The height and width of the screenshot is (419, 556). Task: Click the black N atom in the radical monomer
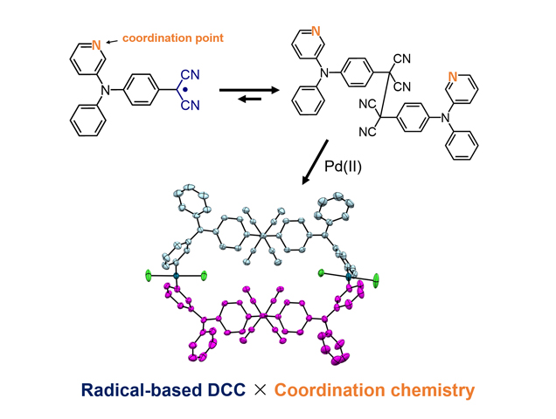click(x=102, y=90)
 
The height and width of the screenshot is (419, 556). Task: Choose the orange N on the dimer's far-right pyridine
click(x=452, y=79)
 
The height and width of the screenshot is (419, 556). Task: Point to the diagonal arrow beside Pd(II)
click(x=313, y=161)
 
